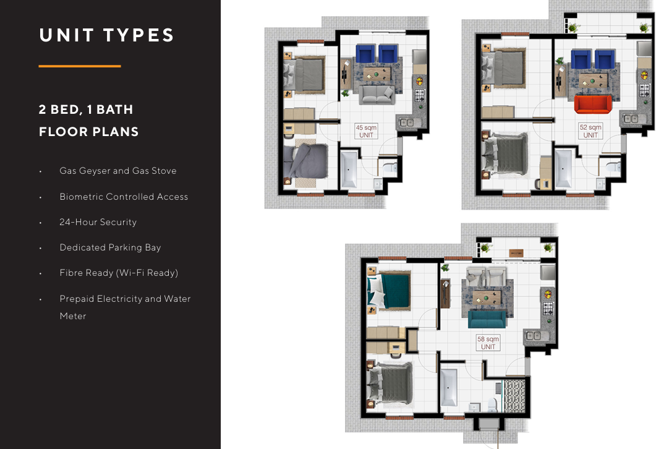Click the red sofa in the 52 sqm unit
592,104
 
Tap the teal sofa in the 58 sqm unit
487,320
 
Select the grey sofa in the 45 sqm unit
377,95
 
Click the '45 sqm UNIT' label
366,131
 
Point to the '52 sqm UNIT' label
591,131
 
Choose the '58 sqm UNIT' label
488,343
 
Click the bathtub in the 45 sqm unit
349,169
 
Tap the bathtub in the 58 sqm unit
448,387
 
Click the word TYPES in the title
139,35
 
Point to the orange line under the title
80,66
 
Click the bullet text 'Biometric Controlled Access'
124,197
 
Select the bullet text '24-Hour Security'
98,222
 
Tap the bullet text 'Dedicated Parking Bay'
111,247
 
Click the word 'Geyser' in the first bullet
94,171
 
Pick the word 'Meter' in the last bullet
72,316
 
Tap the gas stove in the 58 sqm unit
549,308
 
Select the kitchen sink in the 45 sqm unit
408,122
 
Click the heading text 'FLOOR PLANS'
89,132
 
